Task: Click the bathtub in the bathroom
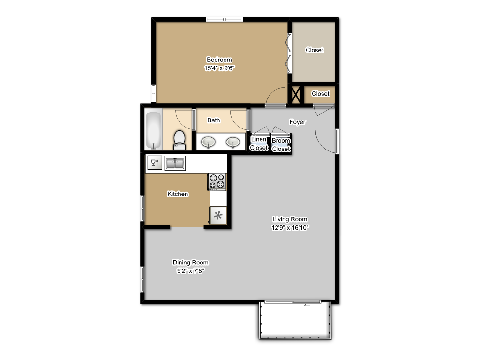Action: tap(153, 130)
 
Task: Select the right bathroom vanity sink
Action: tap(232, 142)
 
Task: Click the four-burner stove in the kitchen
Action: tap(217, 181)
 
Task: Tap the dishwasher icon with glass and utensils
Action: tap(154, 163)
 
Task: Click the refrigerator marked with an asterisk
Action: tap(217, 216)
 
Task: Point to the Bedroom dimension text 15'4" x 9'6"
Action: tap(219, 68)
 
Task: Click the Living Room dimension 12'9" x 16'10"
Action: tap(290, 228)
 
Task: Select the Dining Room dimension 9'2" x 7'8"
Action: tap(190, 270)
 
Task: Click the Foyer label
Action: tap(297, 122)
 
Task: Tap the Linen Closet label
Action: tap(259, 143)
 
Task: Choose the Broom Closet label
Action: tap(281, 145)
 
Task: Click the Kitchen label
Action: tap(178, 194)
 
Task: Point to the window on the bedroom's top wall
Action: tap(225, 19)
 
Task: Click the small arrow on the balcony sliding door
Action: tap(307, 305)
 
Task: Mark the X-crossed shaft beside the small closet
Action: tap(296, 94)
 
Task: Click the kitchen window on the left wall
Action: tap(142, 208)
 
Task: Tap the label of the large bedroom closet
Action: tap(314, 50)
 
